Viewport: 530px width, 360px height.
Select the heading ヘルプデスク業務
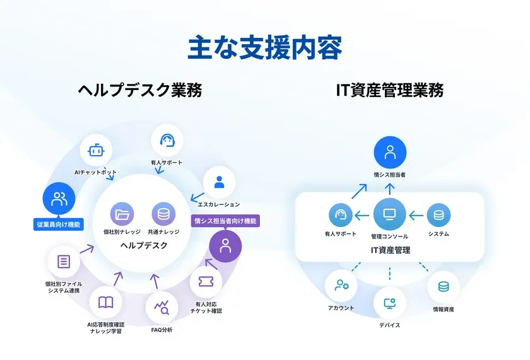(140, 91)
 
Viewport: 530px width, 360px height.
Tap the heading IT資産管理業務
(390, 91)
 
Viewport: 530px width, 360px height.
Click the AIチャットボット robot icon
(96, 151)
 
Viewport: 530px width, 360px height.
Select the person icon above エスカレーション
(219, 182)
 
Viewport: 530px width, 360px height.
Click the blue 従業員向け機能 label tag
(58, 224)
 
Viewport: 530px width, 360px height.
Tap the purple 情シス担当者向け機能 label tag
(225, 221)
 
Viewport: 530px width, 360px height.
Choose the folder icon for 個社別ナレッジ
(122, 214)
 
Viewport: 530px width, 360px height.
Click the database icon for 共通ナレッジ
(163, 214)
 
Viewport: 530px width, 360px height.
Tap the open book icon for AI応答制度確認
(105, 302)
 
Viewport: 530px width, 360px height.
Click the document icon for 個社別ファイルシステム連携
(64, 262)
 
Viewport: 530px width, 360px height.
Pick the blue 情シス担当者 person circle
(390, 152)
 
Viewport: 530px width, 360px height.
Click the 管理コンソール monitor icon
(390, 215)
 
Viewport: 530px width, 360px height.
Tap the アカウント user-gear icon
(341, 286)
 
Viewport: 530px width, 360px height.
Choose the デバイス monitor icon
(389, 303)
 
